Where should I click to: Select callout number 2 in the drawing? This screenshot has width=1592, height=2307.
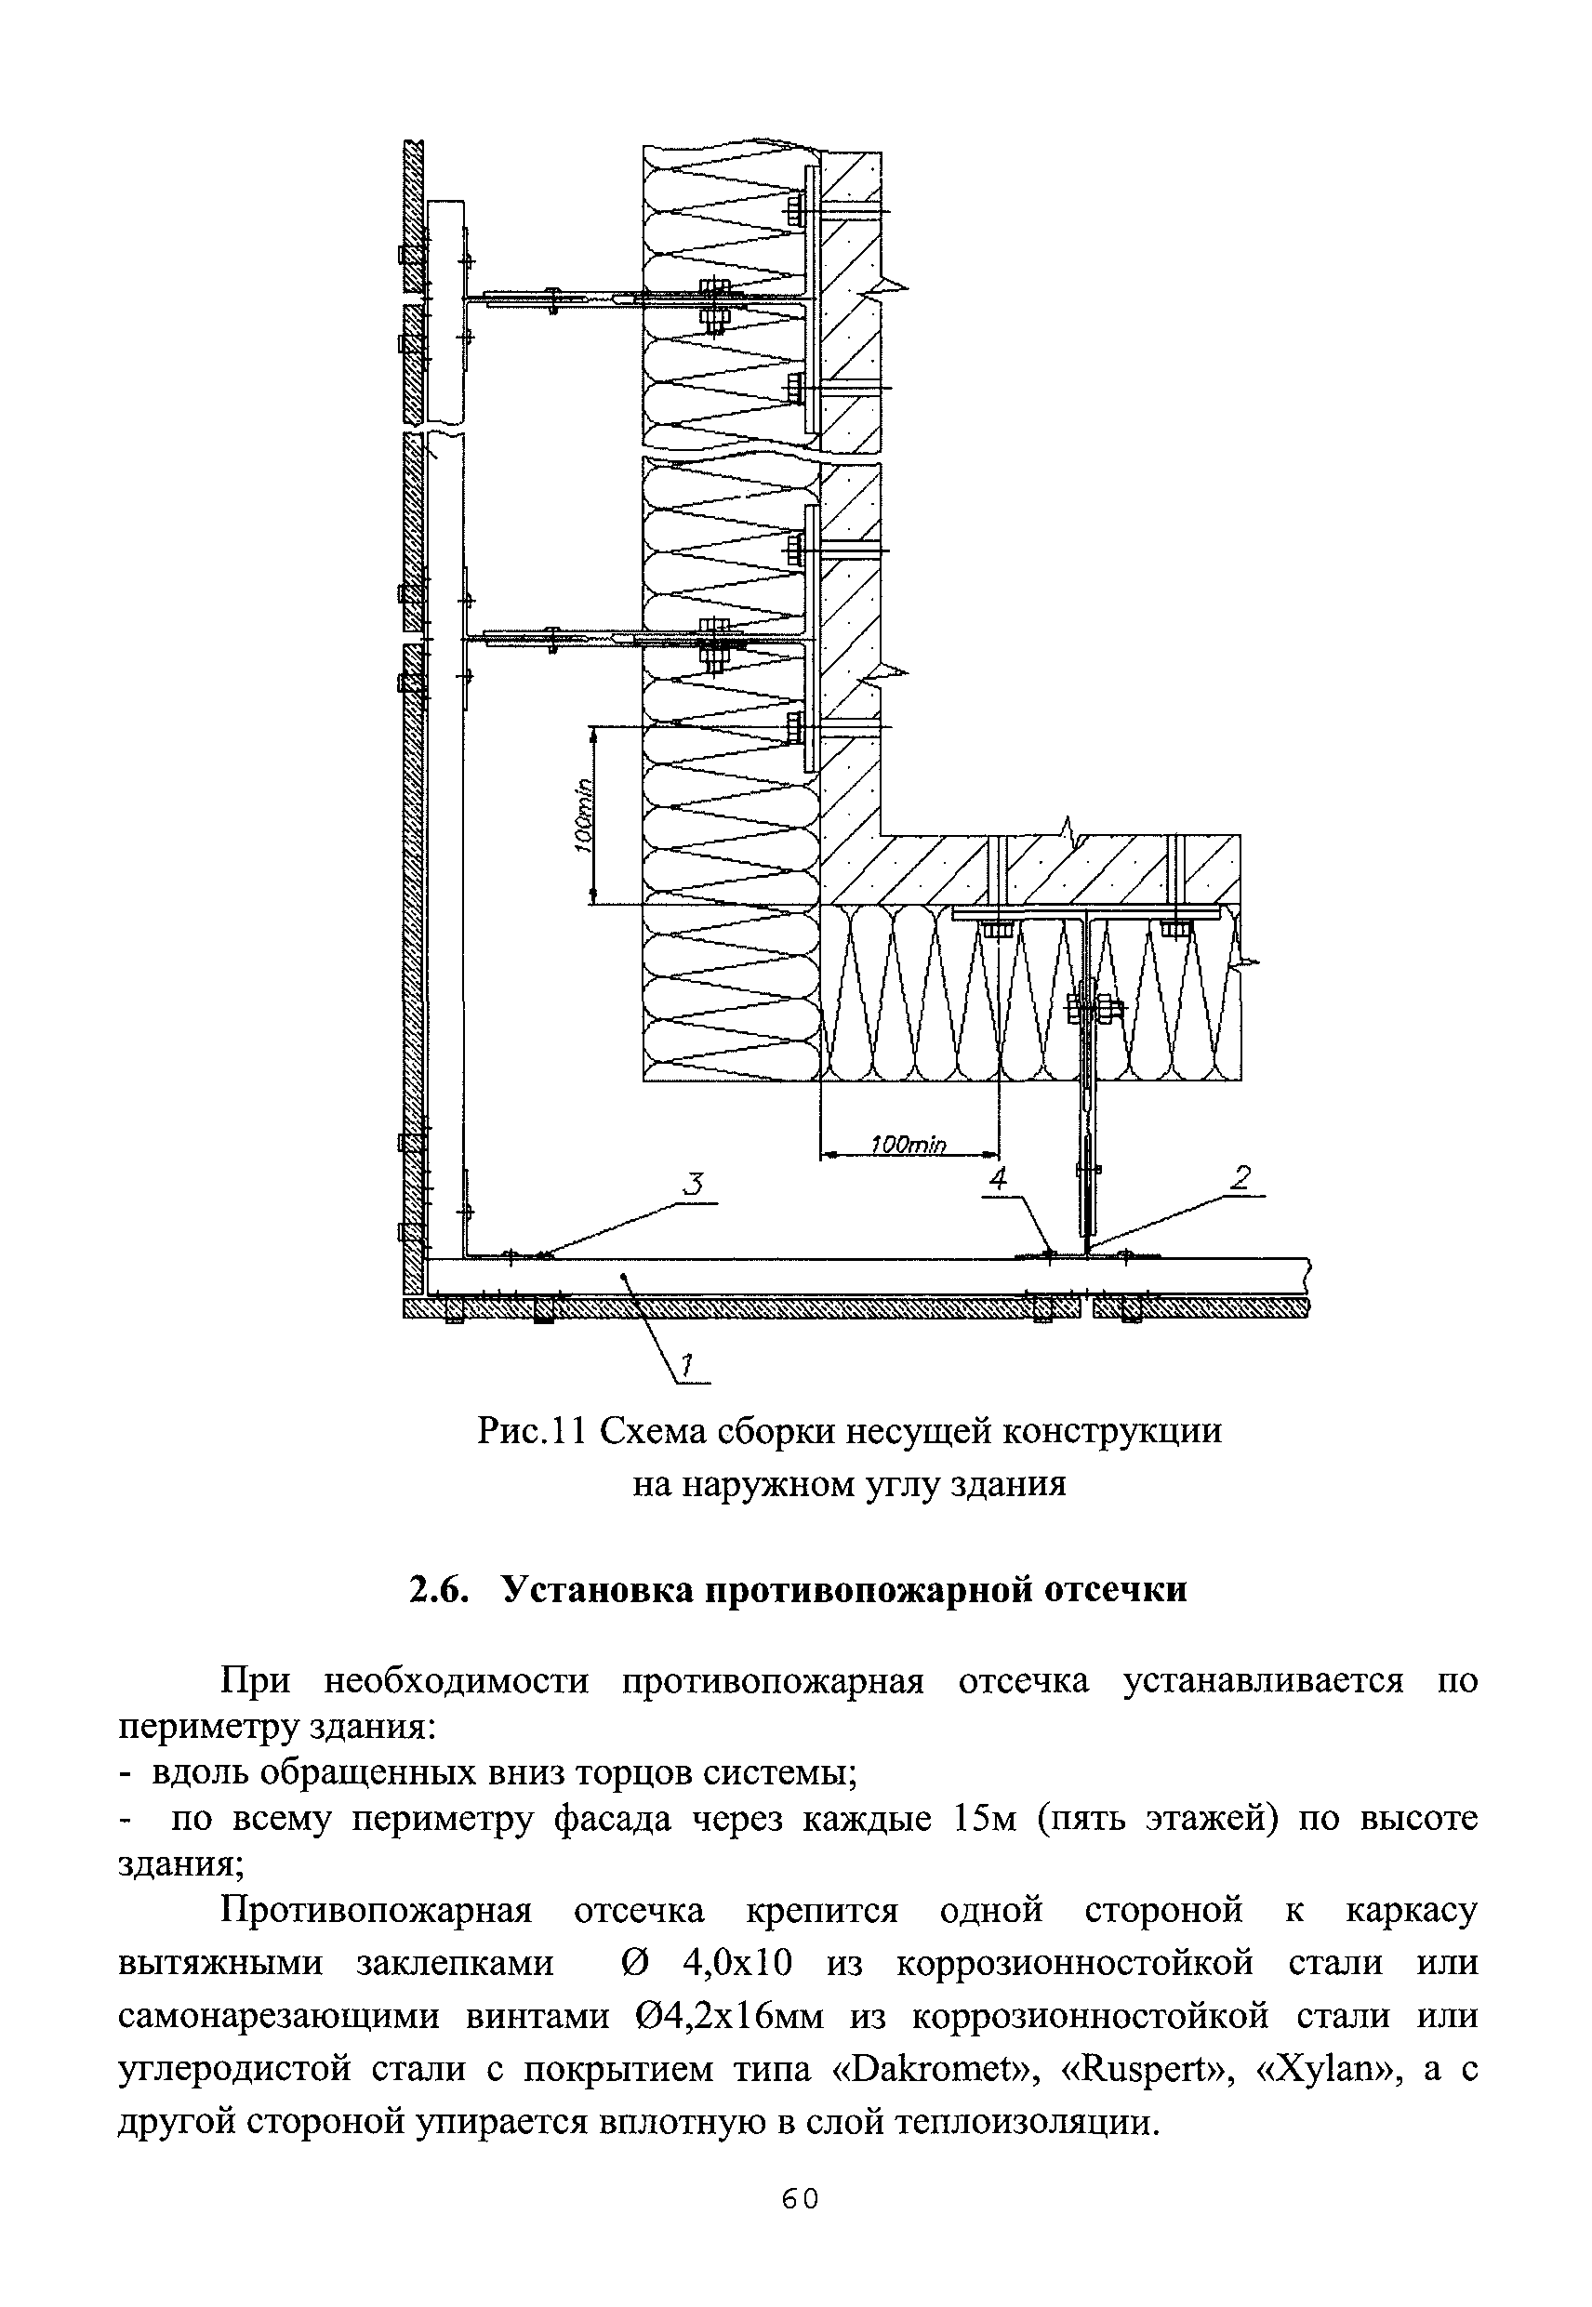pos(1240,1179)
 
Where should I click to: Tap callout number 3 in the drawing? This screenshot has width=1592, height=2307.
pos(694,1185)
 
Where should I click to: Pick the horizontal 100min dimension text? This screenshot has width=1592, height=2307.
pos(908,1145)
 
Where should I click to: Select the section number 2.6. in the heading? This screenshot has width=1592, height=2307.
pos(440,1588)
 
